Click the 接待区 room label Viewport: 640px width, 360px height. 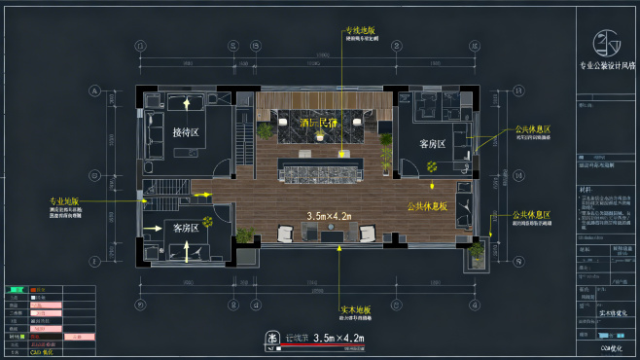point(186,131)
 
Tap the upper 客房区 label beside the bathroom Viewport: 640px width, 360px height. point(433,144)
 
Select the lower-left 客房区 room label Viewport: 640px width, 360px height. point(185,228)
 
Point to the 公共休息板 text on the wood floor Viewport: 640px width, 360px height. point(427,206)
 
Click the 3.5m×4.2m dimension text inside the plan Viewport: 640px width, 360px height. point(329,216)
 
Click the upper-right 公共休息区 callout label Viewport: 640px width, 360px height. point(532,129)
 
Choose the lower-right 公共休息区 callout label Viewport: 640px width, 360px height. point(531,215)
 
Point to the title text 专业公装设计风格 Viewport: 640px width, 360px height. point(606,67)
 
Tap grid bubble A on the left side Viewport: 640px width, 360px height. point(95,91)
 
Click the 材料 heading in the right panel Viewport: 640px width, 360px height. point(584,190)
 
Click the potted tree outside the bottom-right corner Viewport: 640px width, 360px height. point(477,251)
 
